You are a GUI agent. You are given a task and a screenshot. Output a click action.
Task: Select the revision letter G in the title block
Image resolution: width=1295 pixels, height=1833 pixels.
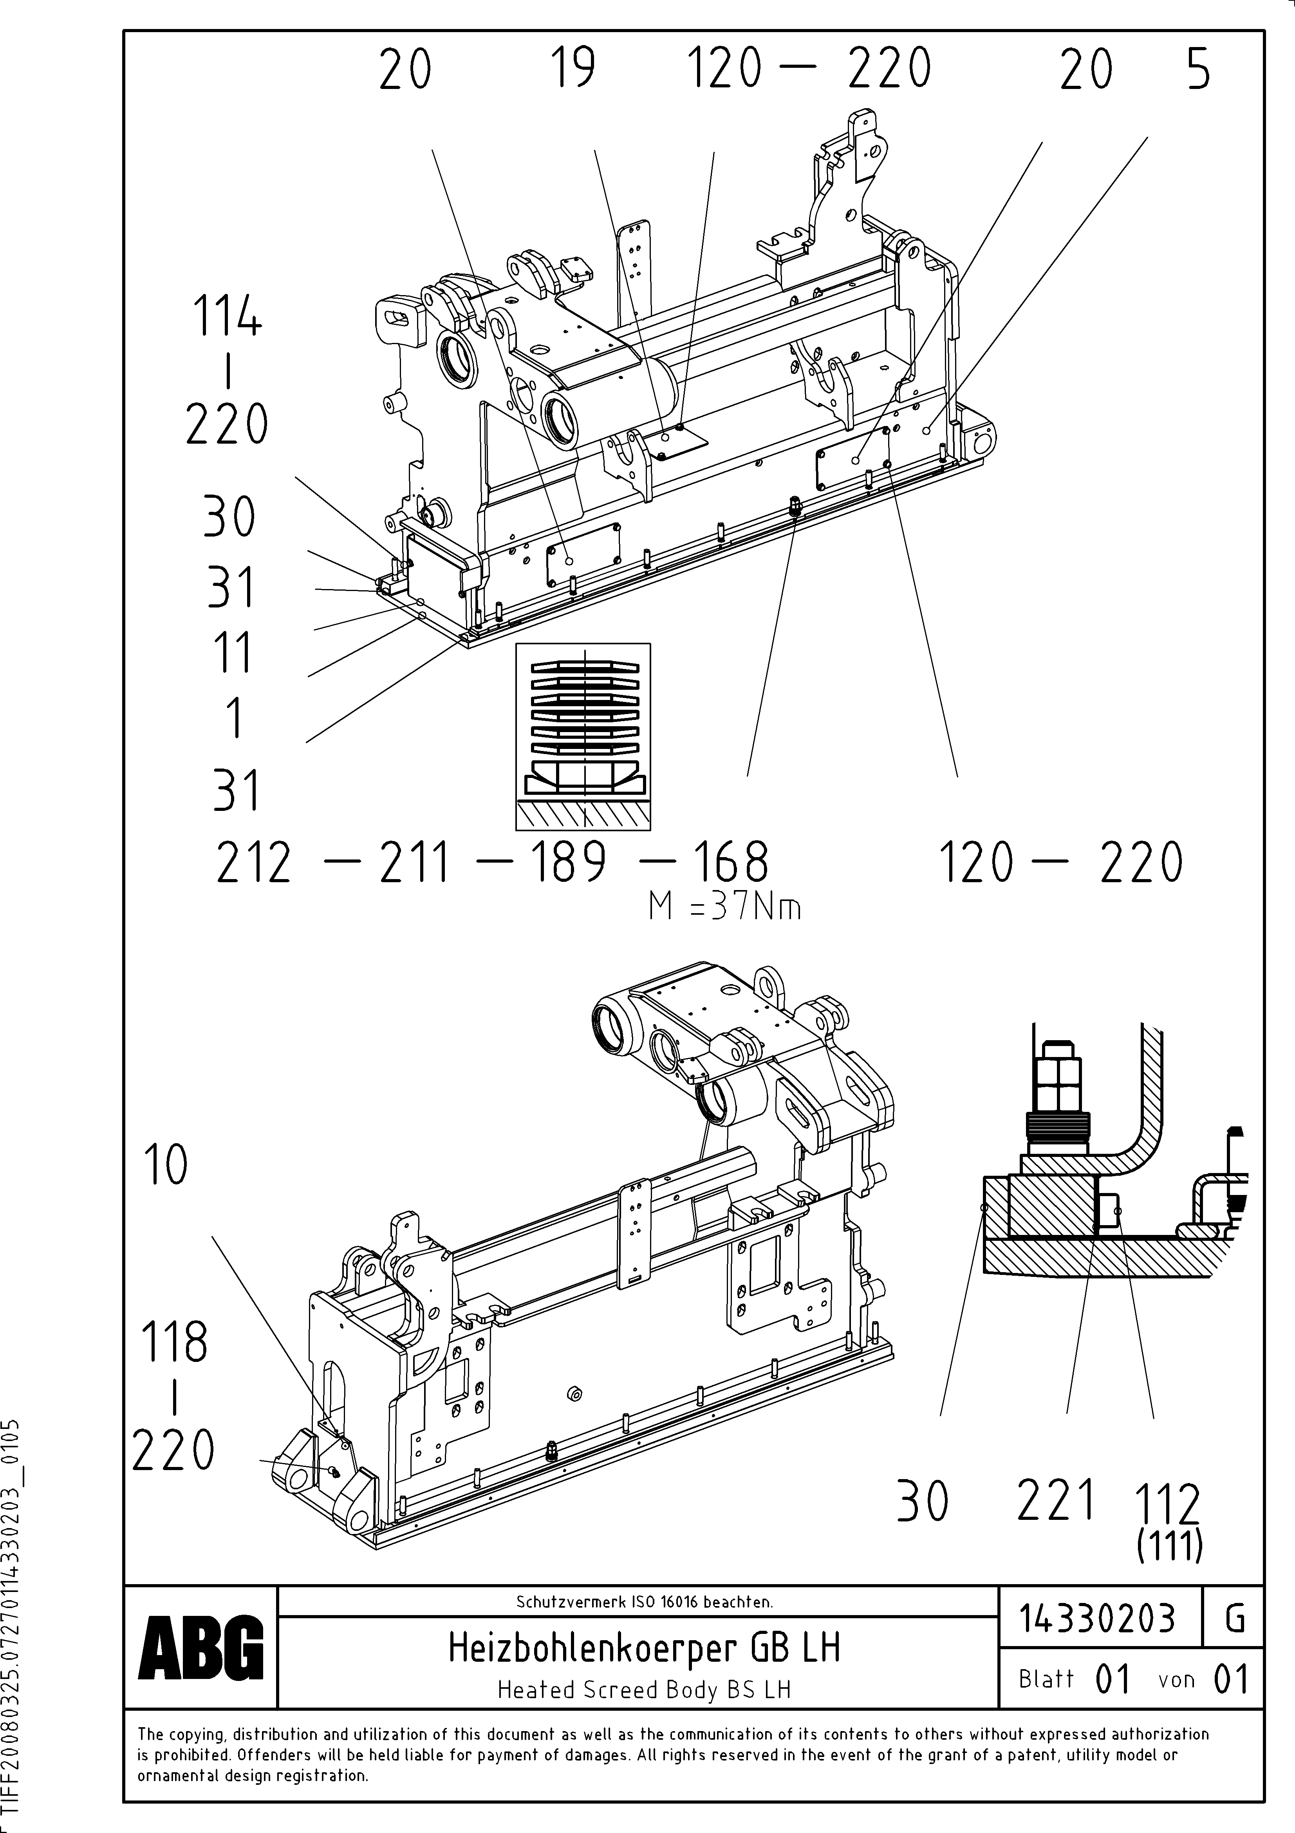tap(1234, 1618)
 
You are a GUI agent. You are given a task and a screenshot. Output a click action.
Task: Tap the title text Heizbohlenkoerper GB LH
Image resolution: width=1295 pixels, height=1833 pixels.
tap(644, 1648)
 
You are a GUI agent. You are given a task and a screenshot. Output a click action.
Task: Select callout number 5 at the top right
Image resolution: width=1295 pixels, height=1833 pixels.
tap(1198, 69)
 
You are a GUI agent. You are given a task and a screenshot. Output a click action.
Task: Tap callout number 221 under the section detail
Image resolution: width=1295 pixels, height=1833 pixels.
tap(1055, 1501)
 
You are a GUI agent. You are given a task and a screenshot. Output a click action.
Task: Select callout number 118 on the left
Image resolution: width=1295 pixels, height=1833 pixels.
tap(174, 1341)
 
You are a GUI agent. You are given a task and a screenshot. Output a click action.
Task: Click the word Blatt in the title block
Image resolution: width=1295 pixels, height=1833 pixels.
tap(1046, 1679)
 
